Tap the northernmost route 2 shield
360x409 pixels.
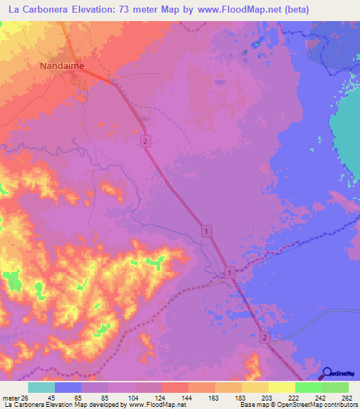[145, 141]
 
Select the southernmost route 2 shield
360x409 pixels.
[264, 338]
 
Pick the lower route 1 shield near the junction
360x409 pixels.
[230, 272]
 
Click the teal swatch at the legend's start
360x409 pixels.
[41, 387]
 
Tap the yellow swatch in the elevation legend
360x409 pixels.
[281, 387]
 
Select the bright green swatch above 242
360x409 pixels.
[308, 387]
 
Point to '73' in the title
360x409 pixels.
[132, 10]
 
